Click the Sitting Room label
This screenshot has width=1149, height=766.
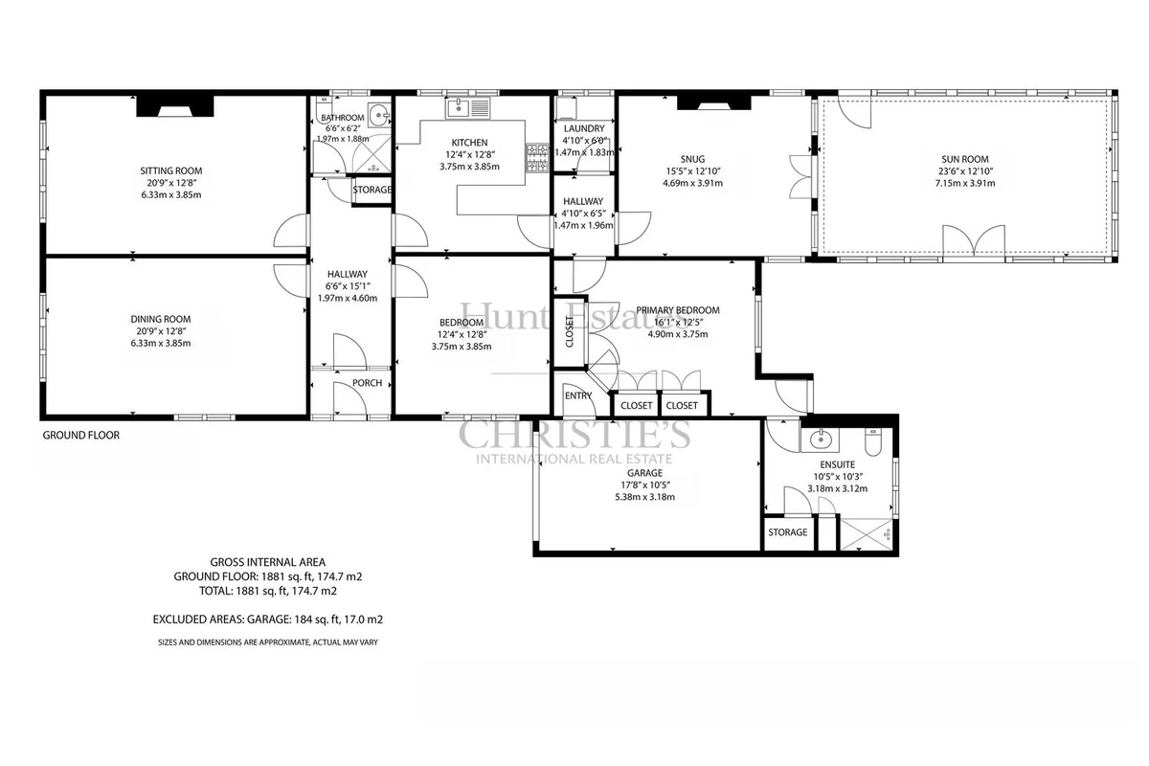(171, 170)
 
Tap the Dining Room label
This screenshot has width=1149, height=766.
(161, 319)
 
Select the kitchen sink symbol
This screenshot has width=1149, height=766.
(468, 108)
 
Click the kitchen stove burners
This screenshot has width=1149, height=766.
(537, 158)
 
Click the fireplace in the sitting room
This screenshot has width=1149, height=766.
(175, 106)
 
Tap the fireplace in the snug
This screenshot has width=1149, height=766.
(714, 102)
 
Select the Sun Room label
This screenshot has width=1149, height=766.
(965, 160)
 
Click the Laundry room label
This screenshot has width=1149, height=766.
(584, 128)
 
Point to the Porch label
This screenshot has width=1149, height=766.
(368, 383)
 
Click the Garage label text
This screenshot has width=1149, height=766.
(644, 473)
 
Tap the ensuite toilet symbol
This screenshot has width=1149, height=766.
(872, 442)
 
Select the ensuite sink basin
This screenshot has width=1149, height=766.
(820, 439)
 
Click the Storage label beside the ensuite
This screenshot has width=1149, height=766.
(788, 532)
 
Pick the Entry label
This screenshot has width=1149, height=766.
(578, 395)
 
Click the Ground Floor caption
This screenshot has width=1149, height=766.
(81, 435)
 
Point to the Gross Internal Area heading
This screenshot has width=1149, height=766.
(268, 562)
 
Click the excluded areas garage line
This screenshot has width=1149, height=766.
(268, 620)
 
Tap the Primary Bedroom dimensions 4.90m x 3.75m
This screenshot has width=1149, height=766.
(678, 334)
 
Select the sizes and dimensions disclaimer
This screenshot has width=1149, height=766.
(268, 642)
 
